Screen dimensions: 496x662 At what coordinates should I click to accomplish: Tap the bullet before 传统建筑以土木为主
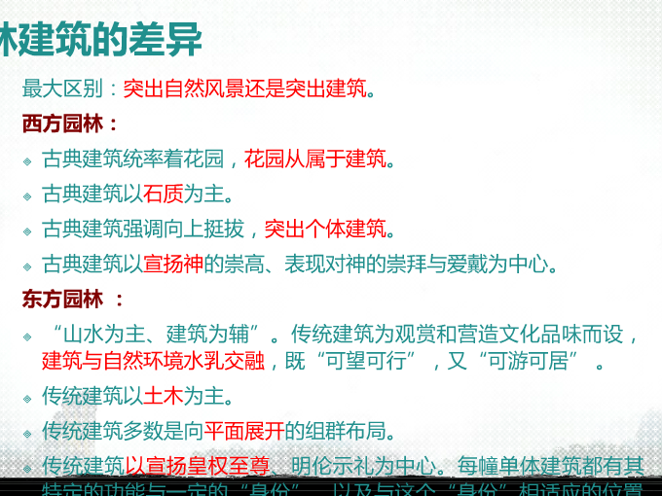[28, 398]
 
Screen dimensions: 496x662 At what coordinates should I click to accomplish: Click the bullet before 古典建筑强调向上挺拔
[28, 231]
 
